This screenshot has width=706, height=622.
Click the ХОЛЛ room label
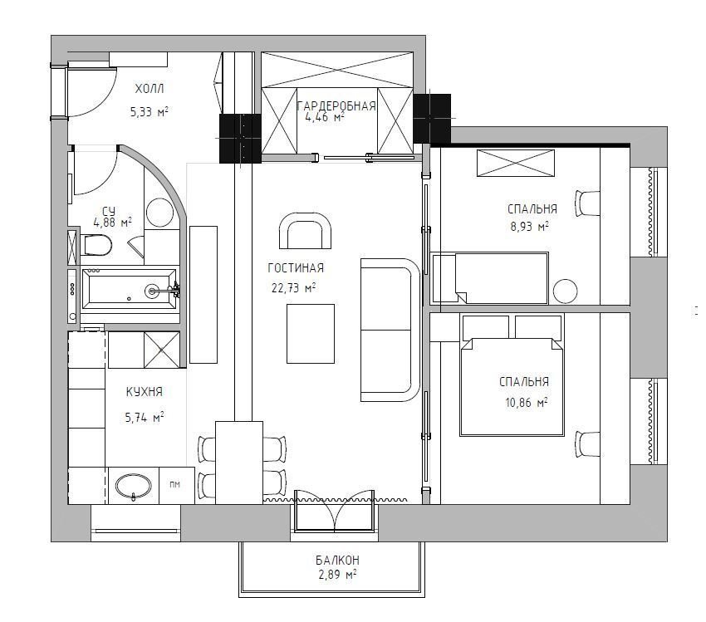[x=150, y=89]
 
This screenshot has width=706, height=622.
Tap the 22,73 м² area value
[x=293, y=287]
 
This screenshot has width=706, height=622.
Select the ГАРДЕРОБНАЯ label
[x=336, y=105]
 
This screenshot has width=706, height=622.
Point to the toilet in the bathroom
[x=98, y=245]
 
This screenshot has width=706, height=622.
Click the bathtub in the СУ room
[x=129, y=290]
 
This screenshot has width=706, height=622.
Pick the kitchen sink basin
[x=133, y=486]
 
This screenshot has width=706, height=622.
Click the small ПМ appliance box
[x=175, y=485]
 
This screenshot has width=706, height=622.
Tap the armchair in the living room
[x=306, y=231]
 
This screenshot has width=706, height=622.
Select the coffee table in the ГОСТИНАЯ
[x=311, y=334]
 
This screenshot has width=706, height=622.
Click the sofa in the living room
[x=390, y=330]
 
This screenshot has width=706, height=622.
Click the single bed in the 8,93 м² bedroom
[x=490, y=277]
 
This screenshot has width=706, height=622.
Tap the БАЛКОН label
[x=337, y=561]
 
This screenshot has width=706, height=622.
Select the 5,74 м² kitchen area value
[x=144, y=417]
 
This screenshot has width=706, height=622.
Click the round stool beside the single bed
[x=566, y=291]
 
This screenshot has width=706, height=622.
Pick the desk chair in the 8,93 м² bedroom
[x=587, y=203]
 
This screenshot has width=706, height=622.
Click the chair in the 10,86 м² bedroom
[x=587, y=444]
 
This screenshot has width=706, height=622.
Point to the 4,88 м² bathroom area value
[x=113, y=222]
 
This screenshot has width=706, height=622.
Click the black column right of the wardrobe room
[x=432, y=119]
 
